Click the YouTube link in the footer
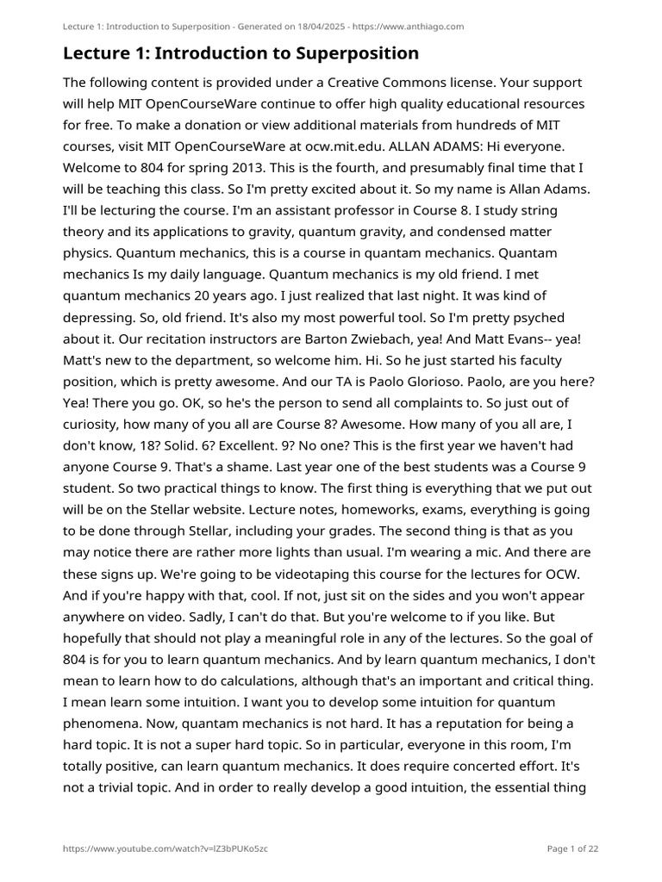click(x=165, y=848)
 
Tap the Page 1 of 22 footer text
click(x=572, y=848)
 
